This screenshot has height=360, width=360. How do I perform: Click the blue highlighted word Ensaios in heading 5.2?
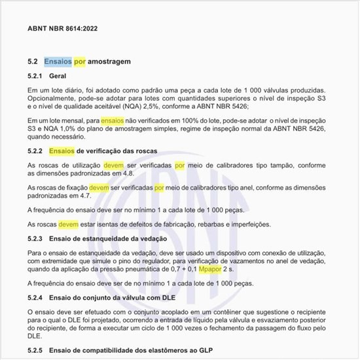click(x=58, y=62)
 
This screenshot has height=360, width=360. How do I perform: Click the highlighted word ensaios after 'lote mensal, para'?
click(x=112, y=121)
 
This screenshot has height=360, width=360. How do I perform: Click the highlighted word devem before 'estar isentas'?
click(x=69, y=224)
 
